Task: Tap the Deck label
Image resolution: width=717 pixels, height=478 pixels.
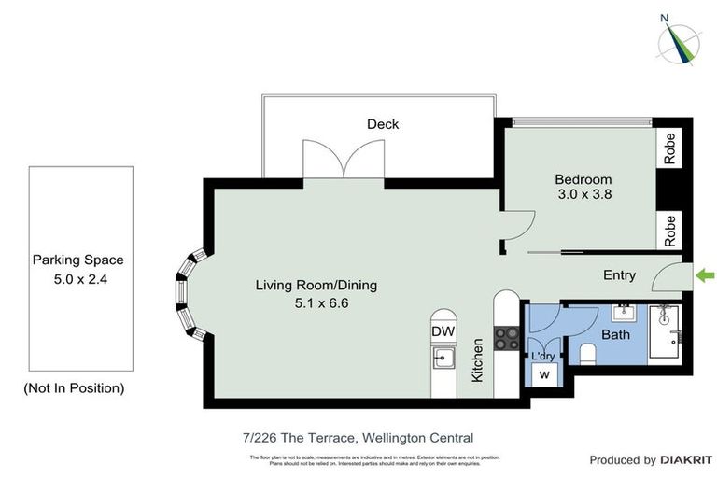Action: [383, 124]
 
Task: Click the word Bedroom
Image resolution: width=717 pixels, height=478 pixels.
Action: [583, 179]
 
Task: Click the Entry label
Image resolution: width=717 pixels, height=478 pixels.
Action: [620, 274]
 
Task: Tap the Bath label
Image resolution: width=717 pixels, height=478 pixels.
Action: [615, 334]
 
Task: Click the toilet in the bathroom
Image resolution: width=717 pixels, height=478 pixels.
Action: [588, 353]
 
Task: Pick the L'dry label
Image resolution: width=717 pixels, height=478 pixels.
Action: [542, 355]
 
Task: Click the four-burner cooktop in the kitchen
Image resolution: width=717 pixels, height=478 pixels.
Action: [507, 337]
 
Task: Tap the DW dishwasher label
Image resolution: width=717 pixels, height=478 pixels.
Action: [443, 331]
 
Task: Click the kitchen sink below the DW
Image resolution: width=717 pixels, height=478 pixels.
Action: [443, 358]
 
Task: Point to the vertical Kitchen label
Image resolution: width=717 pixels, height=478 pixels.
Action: [477, 360]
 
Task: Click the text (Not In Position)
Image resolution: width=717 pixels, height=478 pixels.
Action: [74, 387]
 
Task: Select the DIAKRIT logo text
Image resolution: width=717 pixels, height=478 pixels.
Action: [686, 460]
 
